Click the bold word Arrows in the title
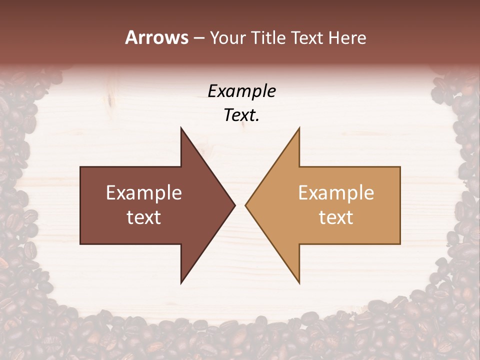[x=156, y=37]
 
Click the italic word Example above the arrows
[x=242, y=91]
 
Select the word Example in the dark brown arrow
[x=144, y=193]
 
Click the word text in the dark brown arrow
[x=144, y=217]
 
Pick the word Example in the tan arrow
[x=336, y=193]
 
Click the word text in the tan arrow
[x=336, y=217]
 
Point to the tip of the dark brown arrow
[x=234, y=205]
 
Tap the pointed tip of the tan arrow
[x=245, y=205]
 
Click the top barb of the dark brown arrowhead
[x=181, y=128]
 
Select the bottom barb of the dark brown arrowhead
[x=181, y=282]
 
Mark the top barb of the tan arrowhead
[x=299, y=128]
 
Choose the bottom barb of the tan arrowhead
[x=299, y=282]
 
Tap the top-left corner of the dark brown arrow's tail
[x=81, y=167]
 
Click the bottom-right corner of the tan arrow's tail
[x=399, y=243]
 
